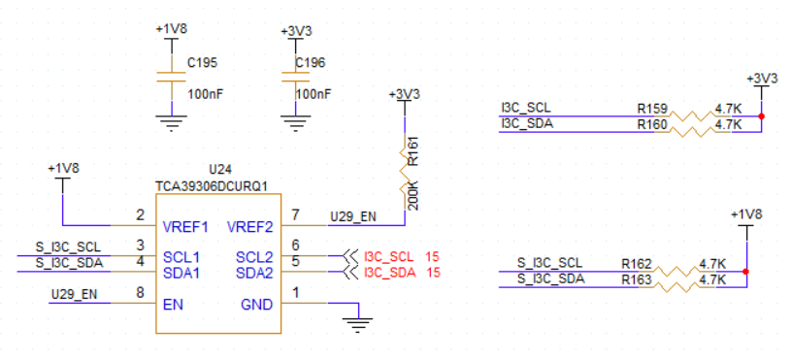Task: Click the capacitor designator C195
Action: tap(202, 63)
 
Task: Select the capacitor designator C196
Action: tap(311, 63)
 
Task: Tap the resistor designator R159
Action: tap(652, 109)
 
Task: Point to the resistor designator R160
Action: tap(652, 124)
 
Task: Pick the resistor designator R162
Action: tap(637, 264)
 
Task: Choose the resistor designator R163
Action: tap(637, 279)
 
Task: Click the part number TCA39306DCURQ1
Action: tap(212, 186)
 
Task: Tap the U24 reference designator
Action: tap(220, 169)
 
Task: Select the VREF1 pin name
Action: tap(185, 227)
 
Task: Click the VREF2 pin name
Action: tap(250, 227)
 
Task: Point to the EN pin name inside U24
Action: tap(173, 305)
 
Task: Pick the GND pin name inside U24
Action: tap(257, 305)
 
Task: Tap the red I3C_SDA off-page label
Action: tap(389, 273)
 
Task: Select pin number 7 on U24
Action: tap(295, 215)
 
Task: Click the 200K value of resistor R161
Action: tap(412, 198)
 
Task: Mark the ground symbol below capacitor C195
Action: tap(172, 122)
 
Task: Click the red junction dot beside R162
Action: tap(746, 272)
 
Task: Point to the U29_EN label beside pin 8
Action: tap(75, 294)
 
